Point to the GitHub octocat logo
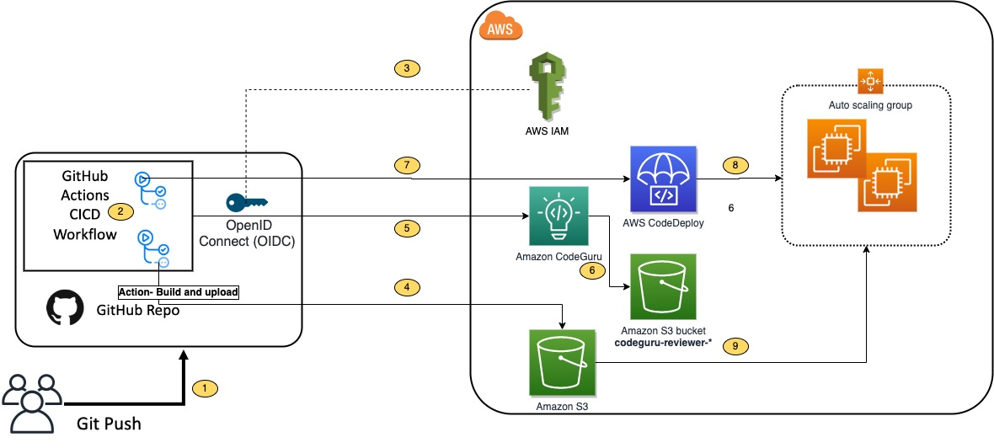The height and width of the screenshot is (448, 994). [x=66, y=310]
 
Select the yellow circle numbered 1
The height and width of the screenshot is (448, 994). [x=205, y=388]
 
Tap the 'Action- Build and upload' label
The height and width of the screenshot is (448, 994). [x=179, y=292]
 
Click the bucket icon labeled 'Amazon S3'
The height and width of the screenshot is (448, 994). [x=562, y=363]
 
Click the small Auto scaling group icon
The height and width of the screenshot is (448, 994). [x=868, y=82]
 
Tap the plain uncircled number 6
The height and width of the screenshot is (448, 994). [x=730, y=207]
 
